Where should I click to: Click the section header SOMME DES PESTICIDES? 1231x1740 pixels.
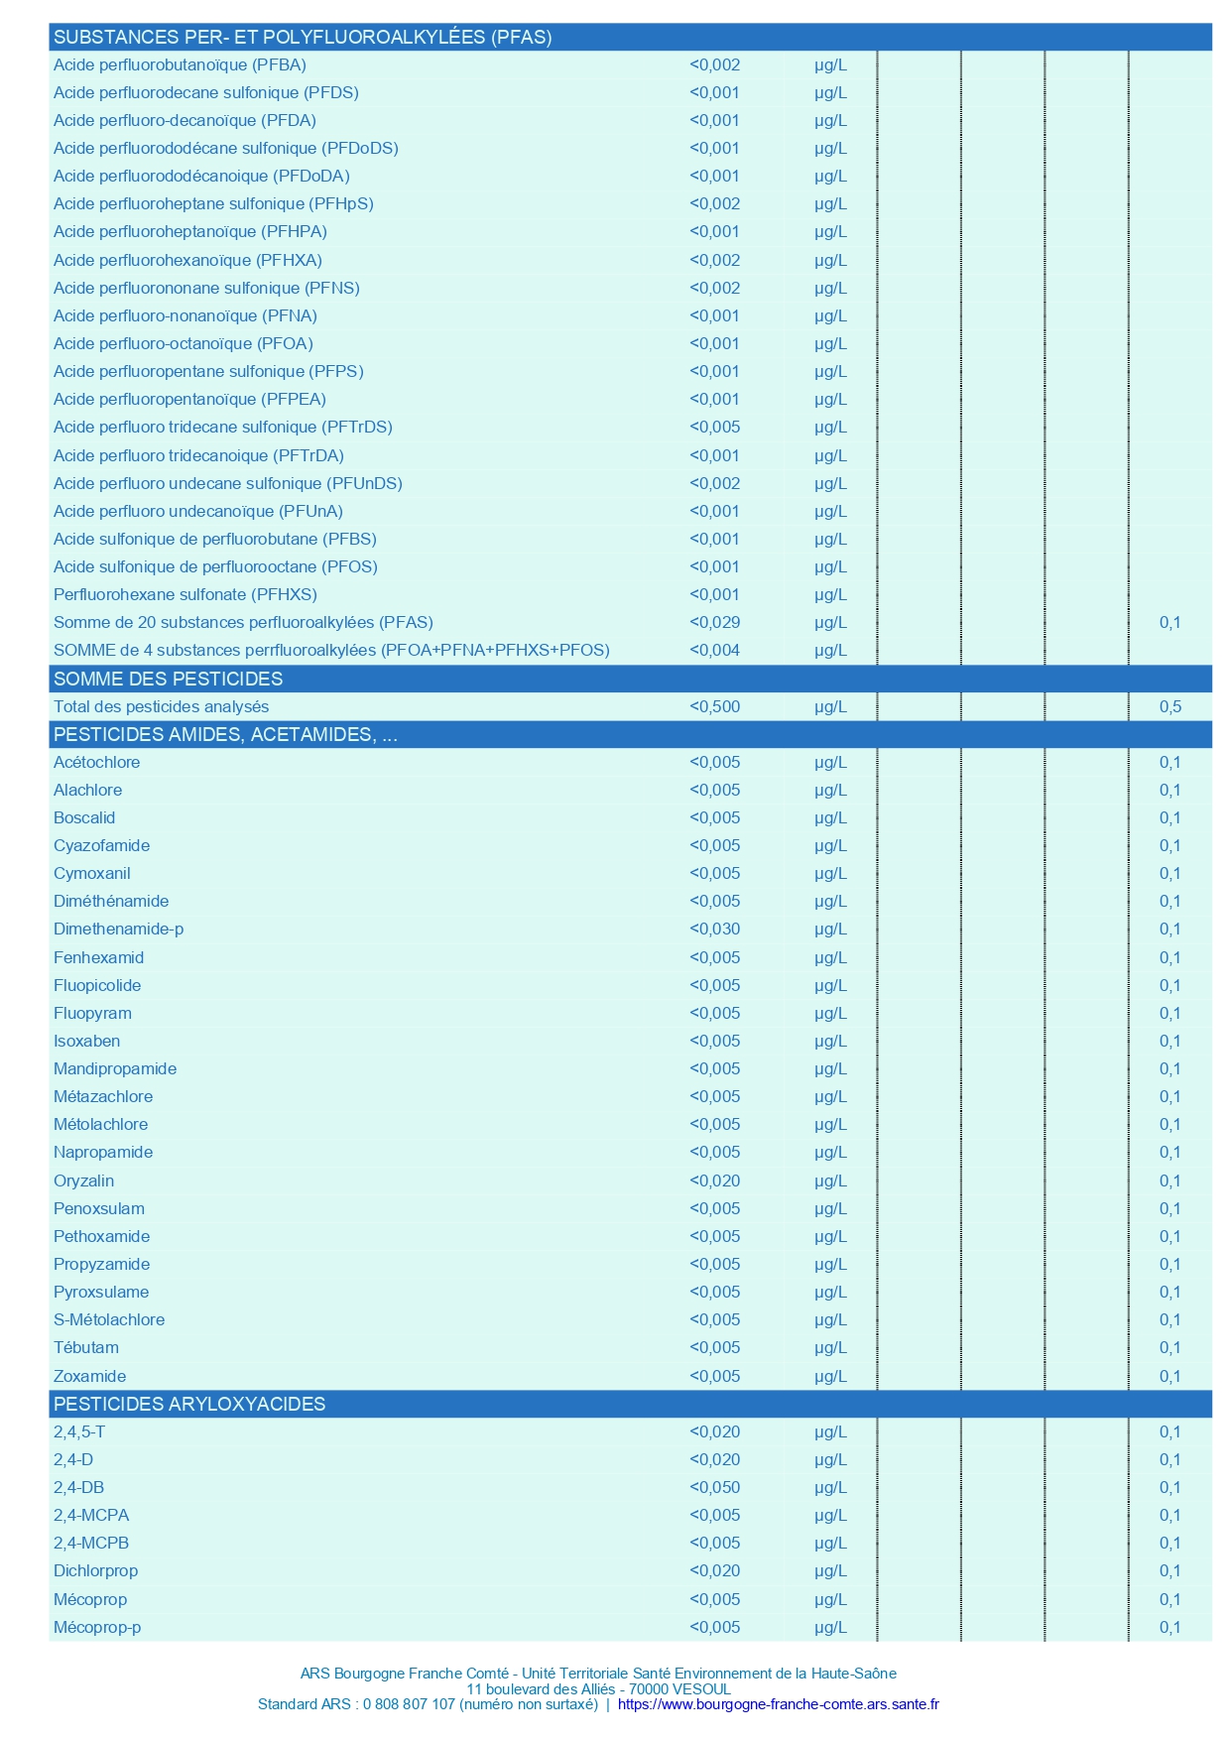point(168,679)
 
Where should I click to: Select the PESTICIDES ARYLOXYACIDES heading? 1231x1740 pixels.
point(189,1404)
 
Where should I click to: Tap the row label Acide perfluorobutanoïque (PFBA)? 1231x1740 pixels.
point(180,65)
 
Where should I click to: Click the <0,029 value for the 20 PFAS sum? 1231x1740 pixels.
point(714,623)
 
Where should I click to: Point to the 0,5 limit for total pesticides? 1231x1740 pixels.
point(1169,707)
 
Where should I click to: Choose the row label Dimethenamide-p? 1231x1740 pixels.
point(118,930)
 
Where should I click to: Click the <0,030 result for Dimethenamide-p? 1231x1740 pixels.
point(714,930)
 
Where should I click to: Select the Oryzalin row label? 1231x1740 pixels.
point(83,1181)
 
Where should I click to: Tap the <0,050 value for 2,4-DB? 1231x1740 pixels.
point(714,1488)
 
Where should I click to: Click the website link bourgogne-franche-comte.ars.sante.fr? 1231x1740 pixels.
point(778,1704)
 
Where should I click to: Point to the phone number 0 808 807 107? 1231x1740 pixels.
point(409,1704)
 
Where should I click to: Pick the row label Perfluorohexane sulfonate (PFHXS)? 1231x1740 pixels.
point(185,595)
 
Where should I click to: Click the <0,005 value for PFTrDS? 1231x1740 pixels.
point(714,428)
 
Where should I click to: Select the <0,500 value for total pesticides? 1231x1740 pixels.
point(714,707)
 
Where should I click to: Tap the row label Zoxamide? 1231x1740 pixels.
point(89,1376)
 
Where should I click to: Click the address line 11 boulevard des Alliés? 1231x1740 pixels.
point(599,1688)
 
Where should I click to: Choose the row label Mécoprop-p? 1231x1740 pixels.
point(97,1627)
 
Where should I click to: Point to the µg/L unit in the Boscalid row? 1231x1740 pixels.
point(830,818)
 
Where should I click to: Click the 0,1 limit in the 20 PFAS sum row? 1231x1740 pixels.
point(1169,623)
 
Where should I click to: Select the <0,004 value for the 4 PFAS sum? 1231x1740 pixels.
point(714,651)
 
